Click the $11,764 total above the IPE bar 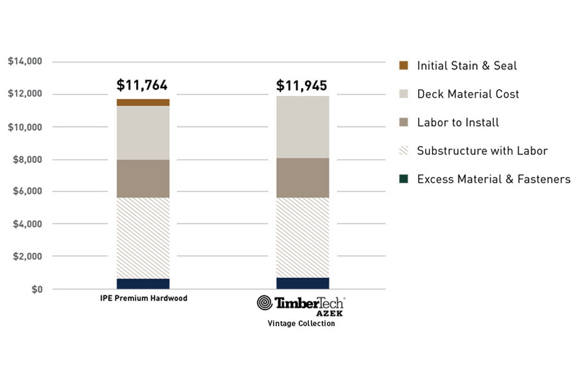pyautogui.click(x=142, y=85)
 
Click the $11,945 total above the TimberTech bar pyautogui.click(x=302, y=85)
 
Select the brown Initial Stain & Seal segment pyautogui.click(x=143, y=102)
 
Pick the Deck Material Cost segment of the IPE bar pyautogui.click(x=143, y=133)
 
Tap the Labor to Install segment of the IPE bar pyautogui.click(x=143, y=178)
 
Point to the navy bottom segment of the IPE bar pyautogui.click(x=143, y=284)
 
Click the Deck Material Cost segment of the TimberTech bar pyautogui.click(x=302, y=127)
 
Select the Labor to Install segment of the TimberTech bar pyautogui.click(x=302, y=178)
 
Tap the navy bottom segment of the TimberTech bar pyautogui.click(x=302, y=283)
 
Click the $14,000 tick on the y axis pyautogui.click(x=25, y=62)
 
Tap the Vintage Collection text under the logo pyautogui.click(x=301, y=324)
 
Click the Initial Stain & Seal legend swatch pyautogui.click(x=403, y=66)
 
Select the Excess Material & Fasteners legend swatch pyautogui.click(x=403, y=179)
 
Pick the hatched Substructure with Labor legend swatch pyautogui.click(x=403, y=151)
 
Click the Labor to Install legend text pyautogui.click(x=458, y=122)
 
